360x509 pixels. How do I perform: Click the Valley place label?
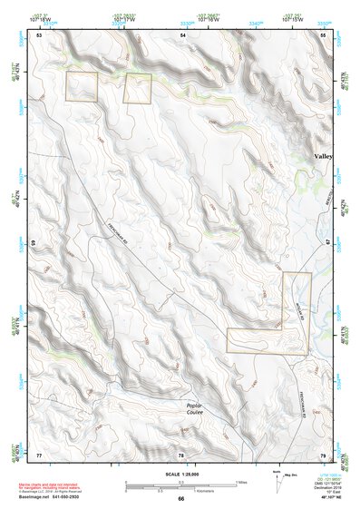pyautogui.click(x=323, y=156)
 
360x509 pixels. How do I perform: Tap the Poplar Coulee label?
pyautogui.click(x=194, y=408)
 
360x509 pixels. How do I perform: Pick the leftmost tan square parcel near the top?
pyautogui.click(x=81, y=86)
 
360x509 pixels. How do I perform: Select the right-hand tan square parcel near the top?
pyautogui.click(x=137, y=89)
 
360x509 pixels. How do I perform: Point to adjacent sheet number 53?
pyautogui.click(x=39, y=34)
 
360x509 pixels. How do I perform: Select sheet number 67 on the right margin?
pyautogui.click(x=329, y=244)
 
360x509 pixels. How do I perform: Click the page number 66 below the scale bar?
pyautogui.click(x=180, y=498)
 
